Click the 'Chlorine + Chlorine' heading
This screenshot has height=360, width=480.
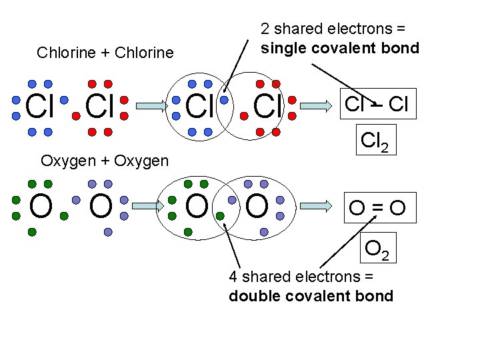[105, 53]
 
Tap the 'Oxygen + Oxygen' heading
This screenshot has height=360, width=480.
[105, 161]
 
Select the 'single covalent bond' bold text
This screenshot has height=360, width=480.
[340, 48]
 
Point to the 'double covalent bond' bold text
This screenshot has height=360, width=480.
[311, 296]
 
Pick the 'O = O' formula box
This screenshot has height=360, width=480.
[379, 208]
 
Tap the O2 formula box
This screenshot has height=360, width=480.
[380, 248]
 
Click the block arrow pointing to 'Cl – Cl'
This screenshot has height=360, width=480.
[318, 105]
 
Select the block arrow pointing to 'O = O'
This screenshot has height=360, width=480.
[318, 207]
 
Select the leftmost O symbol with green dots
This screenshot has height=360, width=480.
[41, 207]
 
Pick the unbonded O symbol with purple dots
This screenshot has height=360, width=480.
[100, 207]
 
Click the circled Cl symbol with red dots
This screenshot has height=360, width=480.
[267, 107]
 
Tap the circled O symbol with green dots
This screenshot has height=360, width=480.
[197, 207]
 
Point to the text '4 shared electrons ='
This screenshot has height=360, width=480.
[301, 277]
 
